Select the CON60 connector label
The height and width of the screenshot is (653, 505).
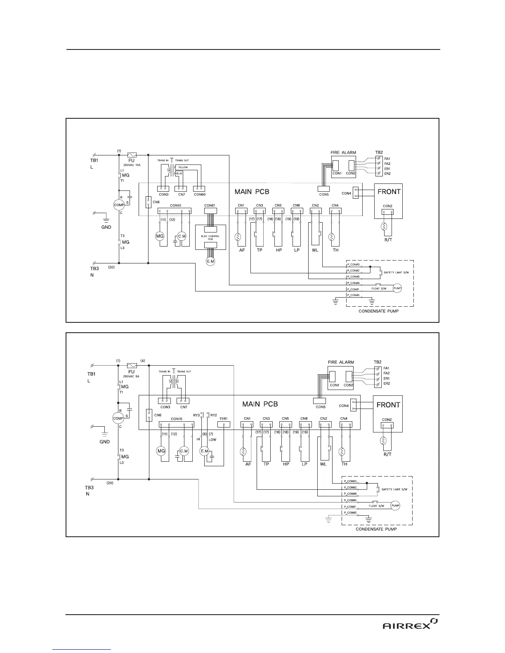200,194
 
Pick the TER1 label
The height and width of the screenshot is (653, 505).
224,418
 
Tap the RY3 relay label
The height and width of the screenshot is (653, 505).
196,415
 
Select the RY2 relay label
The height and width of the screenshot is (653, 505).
213,415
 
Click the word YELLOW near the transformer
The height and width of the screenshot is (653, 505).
183,167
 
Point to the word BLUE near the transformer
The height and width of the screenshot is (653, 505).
179,174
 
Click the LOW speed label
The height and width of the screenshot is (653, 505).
212,440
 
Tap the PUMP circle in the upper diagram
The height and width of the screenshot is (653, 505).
396,288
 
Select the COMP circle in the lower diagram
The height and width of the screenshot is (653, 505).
118,418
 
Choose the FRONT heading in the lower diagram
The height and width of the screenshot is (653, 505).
388,405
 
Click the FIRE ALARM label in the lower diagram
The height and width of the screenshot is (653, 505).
341,362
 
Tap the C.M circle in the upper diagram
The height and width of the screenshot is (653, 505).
182,236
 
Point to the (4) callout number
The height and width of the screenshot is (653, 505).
142,361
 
